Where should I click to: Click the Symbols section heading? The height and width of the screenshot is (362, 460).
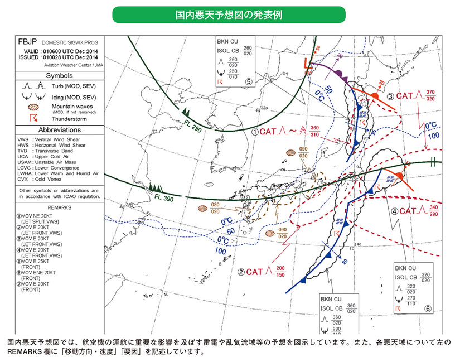(x=59, y=75)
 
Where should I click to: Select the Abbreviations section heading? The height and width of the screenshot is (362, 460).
(x=59, y=129)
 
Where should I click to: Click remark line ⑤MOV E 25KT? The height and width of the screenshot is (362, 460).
(x=37, y=260)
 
